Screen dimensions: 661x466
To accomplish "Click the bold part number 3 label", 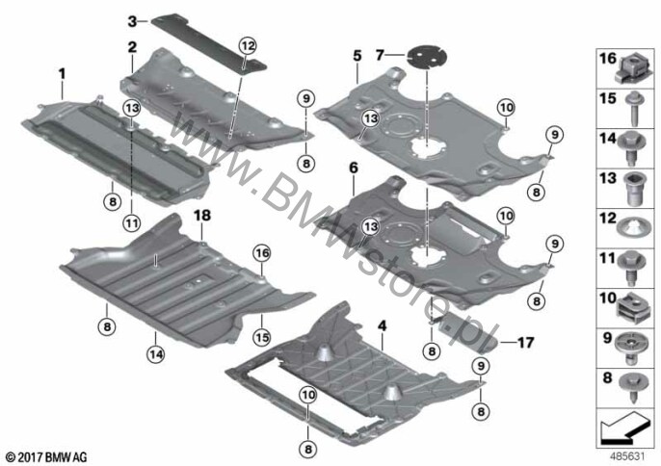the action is tap(132, 20).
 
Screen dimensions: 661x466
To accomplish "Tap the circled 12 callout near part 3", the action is tap(248, 45).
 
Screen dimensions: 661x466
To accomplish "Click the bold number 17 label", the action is tap(525, 343).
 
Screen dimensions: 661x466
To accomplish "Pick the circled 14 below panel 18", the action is tap(156, 354).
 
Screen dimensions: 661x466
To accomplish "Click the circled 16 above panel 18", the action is tap(262, 253).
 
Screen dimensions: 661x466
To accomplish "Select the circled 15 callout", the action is tap(262, 337).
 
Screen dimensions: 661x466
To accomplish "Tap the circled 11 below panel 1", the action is tap(131, 222).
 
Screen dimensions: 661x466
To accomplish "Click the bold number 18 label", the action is tap(202, 216).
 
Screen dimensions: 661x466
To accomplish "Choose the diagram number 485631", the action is tap(628, 455).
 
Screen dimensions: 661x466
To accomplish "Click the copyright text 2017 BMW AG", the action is tap(47, 456).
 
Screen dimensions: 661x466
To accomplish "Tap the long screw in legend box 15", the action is tap(633, 109).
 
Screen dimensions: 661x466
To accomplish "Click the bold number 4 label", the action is tap(382, 325).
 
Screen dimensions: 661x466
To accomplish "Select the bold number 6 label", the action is tap(354, 168).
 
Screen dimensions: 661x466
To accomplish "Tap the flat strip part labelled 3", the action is tap(209, 44).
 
